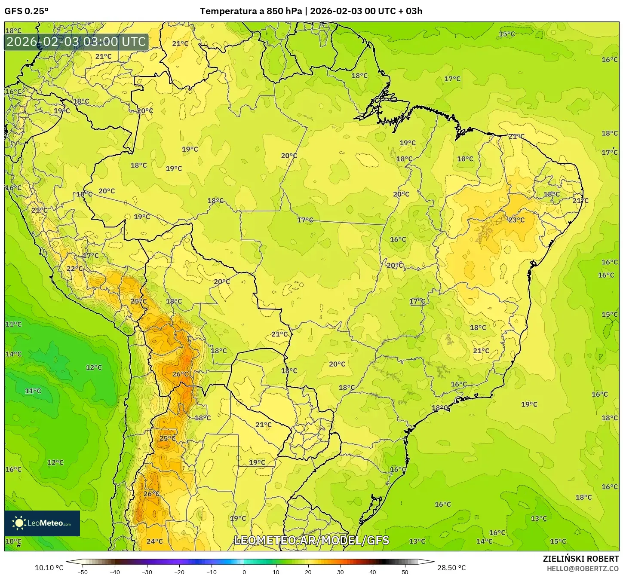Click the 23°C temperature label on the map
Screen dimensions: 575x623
click(x=516, y=220)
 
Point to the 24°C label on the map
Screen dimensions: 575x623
click(x=155, y=541)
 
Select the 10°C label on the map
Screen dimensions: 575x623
click(x=13, y=541)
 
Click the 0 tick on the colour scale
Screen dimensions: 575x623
click(x=244, y=572)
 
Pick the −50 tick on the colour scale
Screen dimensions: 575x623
click(x=82, y=572)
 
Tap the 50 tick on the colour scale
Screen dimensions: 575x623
click(x=405, y=572)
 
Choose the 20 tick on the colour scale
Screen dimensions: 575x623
click(x=308, y=572)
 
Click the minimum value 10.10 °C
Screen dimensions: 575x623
click(x=49, y=568)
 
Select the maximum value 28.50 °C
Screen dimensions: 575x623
click(x=451, y=568)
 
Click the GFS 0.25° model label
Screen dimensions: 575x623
click(x=27, y=11)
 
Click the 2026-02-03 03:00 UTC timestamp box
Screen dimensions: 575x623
click(x=77, y=42)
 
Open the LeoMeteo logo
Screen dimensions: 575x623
click(x=42, y=523)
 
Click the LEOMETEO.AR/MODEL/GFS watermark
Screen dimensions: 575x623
click(x=311, y=541)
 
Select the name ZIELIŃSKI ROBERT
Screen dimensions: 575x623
click(x=581, y=559)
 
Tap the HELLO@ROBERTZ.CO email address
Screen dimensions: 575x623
click(x=583, y=569)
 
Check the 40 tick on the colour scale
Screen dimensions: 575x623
click(x=373, y=572)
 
